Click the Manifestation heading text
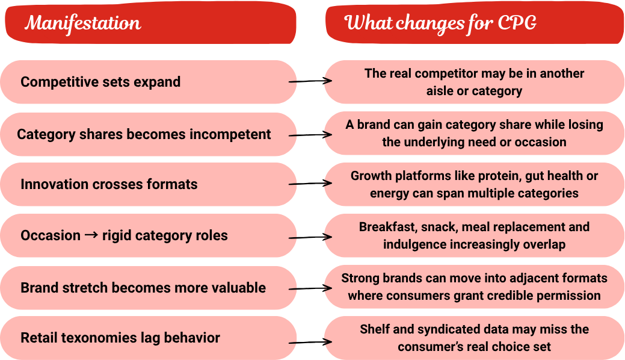coord(83,23)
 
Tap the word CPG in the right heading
coord(517,23)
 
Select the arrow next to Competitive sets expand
coord(310,81)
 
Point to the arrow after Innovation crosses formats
coord(310,184)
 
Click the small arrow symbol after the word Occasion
coord(91,235)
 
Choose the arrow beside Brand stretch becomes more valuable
coord(310,288)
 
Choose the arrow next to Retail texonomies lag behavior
coord(310,342)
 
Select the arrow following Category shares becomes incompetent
coord(310,135)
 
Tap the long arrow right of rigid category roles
coord(310,237)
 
